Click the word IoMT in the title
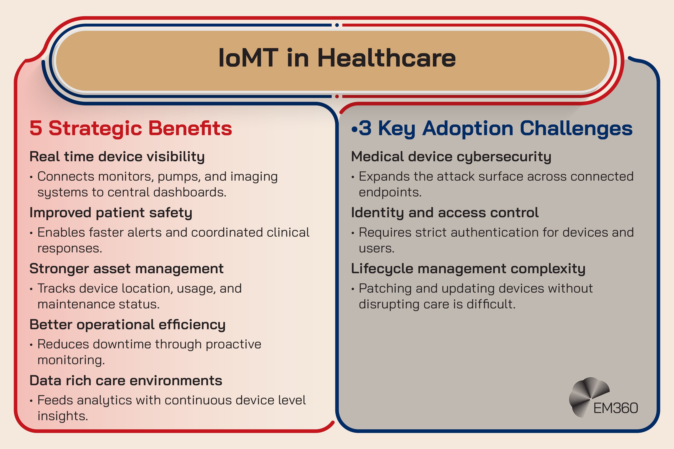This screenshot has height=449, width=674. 248,58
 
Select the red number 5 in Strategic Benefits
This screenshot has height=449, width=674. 36,128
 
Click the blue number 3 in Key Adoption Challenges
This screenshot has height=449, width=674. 365,128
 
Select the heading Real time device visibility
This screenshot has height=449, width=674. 117,157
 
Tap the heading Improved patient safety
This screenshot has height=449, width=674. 111,213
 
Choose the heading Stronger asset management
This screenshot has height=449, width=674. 126,269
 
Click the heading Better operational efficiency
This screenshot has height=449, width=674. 127,325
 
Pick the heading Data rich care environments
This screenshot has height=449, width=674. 126,381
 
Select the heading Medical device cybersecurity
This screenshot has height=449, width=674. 451,157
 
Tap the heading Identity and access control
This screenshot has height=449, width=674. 445,213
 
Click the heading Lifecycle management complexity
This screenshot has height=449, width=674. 468,269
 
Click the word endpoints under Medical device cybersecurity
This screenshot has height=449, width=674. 390,192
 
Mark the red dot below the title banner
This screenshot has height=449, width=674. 337,96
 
